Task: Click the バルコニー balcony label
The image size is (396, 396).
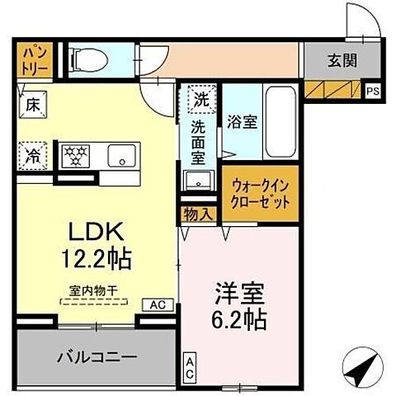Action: pyautogui.click(x=96, y=357)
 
